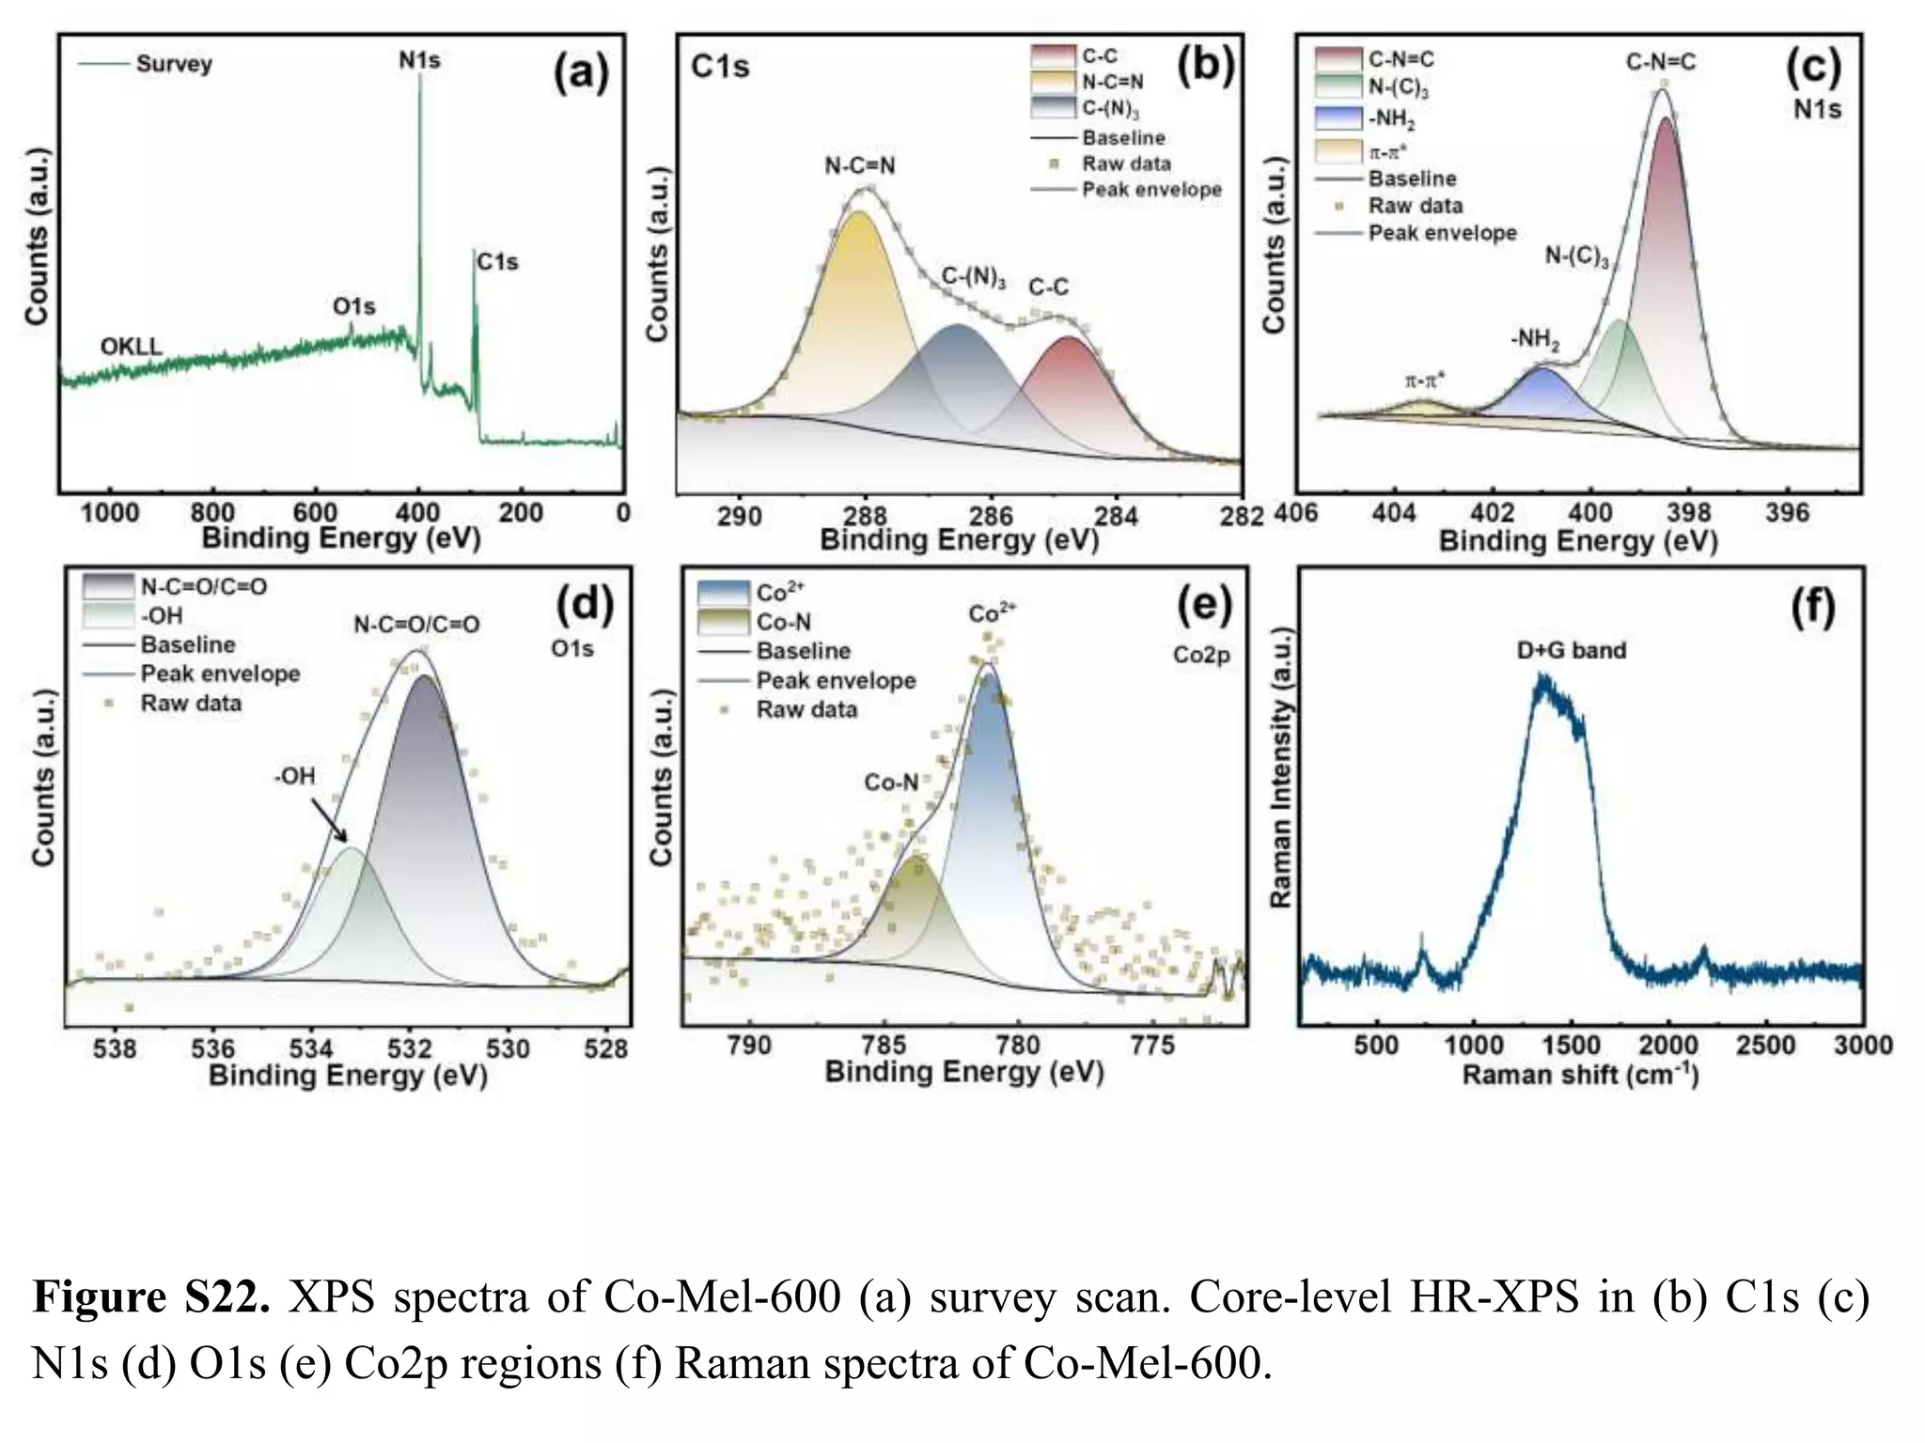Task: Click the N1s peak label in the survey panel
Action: coord(419,60)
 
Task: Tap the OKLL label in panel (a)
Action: coord(131,347)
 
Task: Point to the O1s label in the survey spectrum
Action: coord(353,307)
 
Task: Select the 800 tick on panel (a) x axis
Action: coord(212,513)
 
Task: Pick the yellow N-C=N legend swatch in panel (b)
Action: coord(1052,82)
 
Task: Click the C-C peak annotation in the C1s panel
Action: coord(1048,287)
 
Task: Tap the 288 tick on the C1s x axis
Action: coord(865,516)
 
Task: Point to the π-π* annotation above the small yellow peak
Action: coord(1425,380)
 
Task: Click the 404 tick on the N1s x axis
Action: coord(1394,514)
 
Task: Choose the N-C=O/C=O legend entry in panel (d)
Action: coord(203,587)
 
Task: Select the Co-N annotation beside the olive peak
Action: coord(891,783)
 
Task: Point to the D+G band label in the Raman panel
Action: coord(1571,650)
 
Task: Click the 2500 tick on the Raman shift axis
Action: coord(1765,1046)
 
